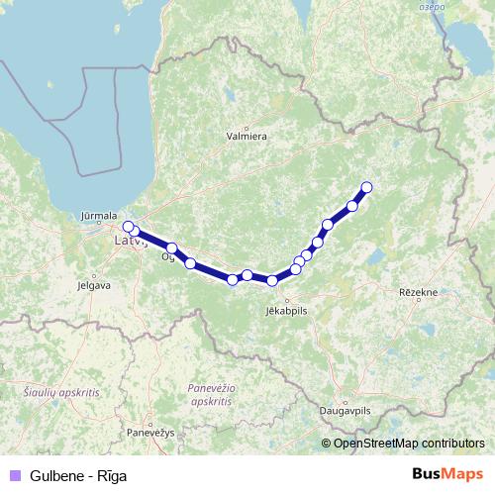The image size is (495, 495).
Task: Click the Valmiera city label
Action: click(x=247, y=139)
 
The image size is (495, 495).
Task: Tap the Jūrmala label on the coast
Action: click(x=100, y=215)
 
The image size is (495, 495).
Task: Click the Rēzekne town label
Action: click(x=417, y=293)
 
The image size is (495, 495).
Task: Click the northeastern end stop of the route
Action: click(x=366, y=187)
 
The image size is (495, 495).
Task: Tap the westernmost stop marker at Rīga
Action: click(x=128, y=227)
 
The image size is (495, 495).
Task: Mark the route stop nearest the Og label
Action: click(x=172, y=248)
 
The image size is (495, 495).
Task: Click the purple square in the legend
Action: click(x=14, y=475)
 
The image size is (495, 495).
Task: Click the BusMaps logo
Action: click(x=447, y=474)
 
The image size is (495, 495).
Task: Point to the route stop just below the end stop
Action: click(x=352, y=206)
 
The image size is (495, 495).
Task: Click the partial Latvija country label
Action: click(x=130, y=241)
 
